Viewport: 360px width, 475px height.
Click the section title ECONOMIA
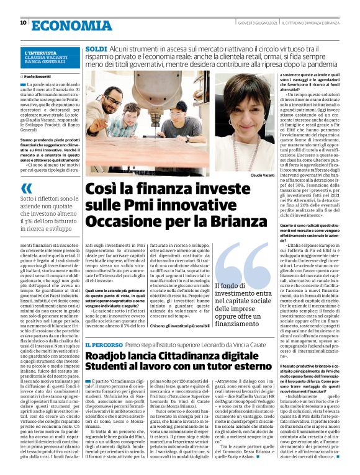pos(60,24)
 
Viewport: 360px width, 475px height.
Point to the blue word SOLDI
pos(95,48)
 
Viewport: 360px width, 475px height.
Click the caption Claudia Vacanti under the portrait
pos(263,175)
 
